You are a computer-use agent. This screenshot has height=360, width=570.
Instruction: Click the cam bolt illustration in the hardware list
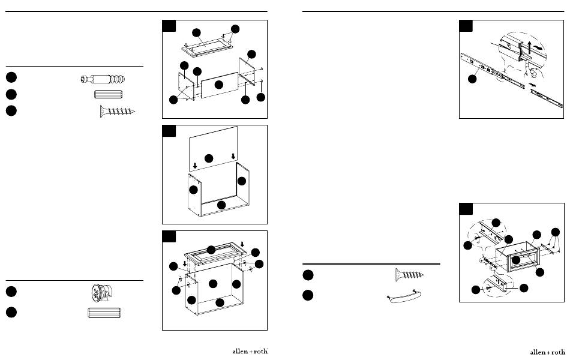(106, 79)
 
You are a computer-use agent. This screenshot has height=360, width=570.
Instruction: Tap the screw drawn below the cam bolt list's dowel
(118, 111)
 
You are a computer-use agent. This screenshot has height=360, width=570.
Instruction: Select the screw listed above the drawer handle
(410, 275)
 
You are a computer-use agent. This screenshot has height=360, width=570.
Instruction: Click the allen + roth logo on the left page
(249, 351)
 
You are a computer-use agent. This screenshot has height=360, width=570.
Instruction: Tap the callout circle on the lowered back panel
(209, 158)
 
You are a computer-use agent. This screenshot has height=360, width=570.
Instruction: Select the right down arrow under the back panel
(233, 157)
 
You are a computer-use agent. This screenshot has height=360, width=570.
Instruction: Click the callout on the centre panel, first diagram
(218, 85)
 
